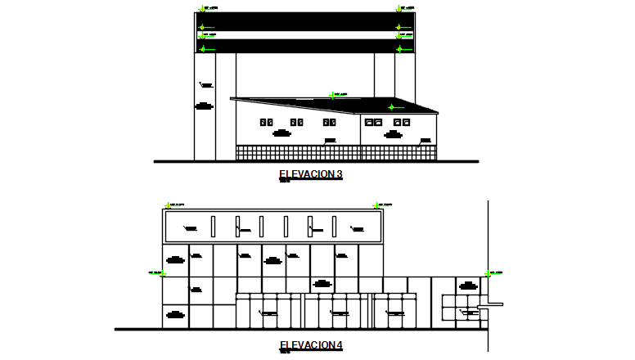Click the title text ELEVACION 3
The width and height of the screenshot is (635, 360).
click(x=310, y=173)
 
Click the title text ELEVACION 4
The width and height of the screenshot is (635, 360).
click(x=310, y=345)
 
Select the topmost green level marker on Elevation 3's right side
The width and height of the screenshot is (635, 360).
click(x=399, y=9)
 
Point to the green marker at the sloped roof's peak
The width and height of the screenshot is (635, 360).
click(x=332, y=95)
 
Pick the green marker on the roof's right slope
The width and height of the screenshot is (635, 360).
click(x=391, y=107)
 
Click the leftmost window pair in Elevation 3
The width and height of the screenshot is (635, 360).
click(x=266, y=122)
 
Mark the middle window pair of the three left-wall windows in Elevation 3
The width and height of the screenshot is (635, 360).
click(x=297, y=122)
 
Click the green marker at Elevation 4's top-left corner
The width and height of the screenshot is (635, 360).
click(x=168, y=205)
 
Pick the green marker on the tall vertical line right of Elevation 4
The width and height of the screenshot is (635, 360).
click(x=488, y=273)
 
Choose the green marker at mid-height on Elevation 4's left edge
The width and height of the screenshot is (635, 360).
click(x=161, y=273)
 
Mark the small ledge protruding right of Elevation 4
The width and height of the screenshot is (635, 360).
click(x=494, y=304)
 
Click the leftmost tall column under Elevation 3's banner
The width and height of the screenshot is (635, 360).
click(x=204, y=106)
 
